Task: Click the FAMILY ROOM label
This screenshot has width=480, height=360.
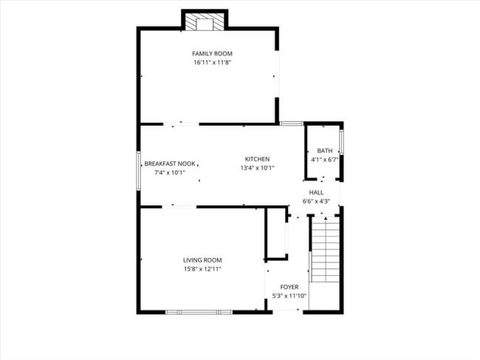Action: tap(212, 54)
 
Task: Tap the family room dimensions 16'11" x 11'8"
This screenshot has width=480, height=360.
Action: tap(212, 63)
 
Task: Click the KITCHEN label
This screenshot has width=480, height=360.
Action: tap(257, 159)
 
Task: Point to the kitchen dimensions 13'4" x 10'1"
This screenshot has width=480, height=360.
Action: tap(257, 168)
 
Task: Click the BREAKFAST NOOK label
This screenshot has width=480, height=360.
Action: tap(170, 163)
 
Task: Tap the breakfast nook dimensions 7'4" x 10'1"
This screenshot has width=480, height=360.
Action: tap(170, 172)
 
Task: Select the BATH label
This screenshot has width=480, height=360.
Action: tap(325, 151)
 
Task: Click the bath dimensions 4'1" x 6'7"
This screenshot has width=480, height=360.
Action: tap(325, 159)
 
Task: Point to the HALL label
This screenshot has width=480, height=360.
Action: tap(316, 192)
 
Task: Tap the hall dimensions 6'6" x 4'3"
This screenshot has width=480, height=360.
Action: tap(316, 201)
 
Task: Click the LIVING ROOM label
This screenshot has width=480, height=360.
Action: tap(202, 259)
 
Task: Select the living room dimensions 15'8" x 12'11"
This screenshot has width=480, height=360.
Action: tap(202, 268)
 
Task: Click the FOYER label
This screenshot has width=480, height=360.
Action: tap(289, 286)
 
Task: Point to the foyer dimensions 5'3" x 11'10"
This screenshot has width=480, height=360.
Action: tap(289, 296)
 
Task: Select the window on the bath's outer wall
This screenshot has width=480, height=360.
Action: tap(341, 142)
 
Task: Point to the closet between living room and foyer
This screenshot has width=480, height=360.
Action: tap(276, 235)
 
